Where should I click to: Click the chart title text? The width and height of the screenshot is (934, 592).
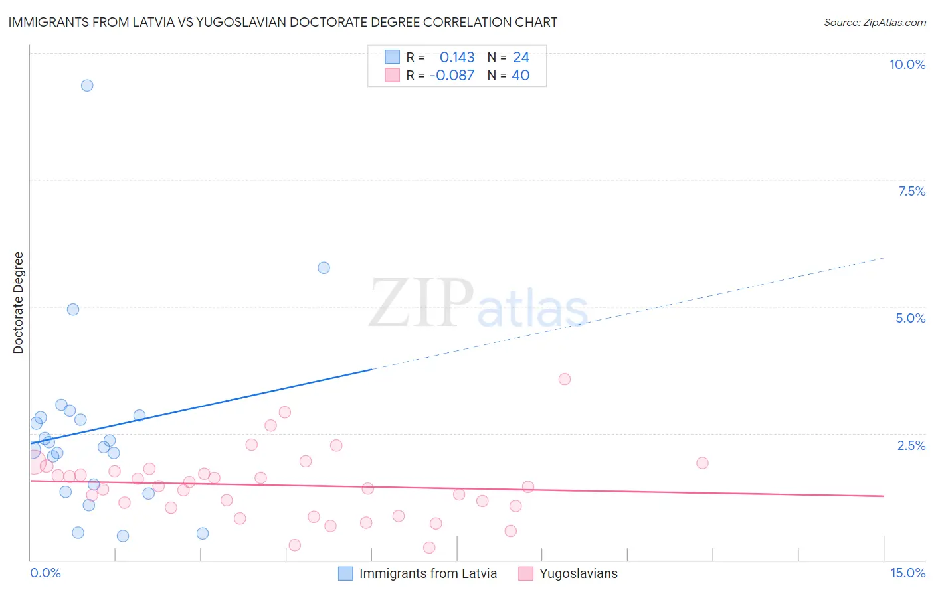point(282,22)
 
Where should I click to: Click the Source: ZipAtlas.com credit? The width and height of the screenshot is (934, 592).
point(874,22)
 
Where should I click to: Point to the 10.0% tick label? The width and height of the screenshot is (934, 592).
point(907,64)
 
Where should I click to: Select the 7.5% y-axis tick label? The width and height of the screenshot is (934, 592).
point(911,191)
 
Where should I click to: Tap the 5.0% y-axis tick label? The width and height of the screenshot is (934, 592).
point(910,318)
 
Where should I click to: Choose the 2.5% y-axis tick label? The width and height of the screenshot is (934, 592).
point(911,445)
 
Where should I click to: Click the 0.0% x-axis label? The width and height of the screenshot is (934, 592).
point(45,573)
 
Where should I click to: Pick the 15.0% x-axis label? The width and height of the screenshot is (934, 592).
point(907,573)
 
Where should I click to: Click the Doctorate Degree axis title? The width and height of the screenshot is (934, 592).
point(18,303)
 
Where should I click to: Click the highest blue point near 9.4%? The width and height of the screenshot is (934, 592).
point(87,86)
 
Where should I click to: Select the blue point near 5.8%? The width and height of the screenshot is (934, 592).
point(324,268)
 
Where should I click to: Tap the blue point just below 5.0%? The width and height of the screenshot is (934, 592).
point(73,309)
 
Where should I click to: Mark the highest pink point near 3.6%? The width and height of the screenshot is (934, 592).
point(565,379)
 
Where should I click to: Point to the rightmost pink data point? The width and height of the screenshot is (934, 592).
point(702,463)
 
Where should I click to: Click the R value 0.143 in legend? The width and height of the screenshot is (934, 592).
point(457,58)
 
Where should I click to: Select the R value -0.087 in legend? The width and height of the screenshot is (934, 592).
point(452,76)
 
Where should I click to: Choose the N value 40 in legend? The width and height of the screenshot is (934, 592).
point(520,76)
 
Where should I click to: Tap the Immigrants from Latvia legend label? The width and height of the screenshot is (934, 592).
point(428,573)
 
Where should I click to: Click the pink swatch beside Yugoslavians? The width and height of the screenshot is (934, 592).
point(526,573)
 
